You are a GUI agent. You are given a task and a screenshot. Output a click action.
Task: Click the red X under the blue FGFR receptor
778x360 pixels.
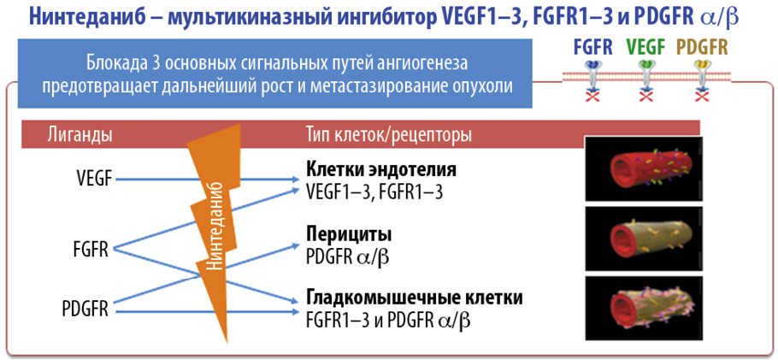click(594, 97)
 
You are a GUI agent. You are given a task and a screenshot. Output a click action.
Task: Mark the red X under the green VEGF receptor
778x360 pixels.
click(646, 97)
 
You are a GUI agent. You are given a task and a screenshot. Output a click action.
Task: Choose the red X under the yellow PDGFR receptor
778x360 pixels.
click(702, 97)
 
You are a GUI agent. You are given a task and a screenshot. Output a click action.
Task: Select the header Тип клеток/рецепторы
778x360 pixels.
click(389, 135)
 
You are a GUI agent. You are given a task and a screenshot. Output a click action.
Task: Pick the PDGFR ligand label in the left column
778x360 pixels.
click(85, 310)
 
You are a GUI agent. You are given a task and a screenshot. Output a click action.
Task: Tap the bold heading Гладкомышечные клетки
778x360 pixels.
click(413, 298)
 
